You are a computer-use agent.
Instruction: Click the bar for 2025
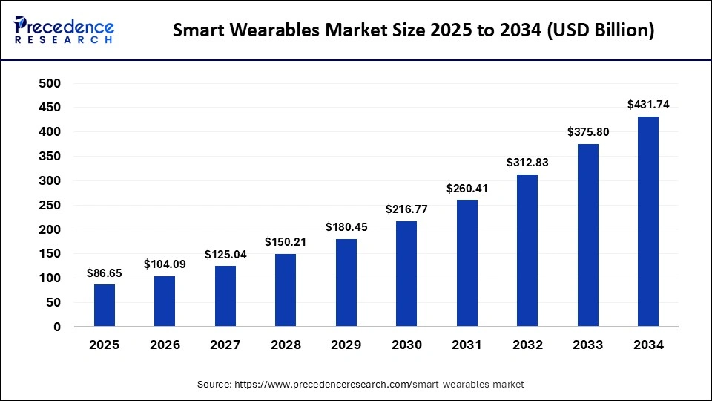coord(105,305)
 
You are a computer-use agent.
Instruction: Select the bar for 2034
coord(648,221)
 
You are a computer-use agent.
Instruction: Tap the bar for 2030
coord(406,273)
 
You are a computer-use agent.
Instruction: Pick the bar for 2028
coord(286,290)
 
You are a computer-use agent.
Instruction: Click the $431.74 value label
coord(648,105)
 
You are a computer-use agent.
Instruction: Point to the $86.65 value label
coord(105,273)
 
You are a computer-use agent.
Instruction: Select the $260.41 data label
coord(467,189)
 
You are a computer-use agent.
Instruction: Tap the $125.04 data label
coord(225,255)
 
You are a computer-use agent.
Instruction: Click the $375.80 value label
coord(588,132)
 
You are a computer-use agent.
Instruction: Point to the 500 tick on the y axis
coord(50,83)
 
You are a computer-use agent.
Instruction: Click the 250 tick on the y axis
coord(50,205)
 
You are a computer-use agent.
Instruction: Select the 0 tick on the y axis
coord(56,327)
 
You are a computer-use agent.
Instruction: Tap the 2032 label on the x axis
coord(527,345)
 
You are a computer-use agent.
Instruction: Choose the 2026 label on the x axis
coord(165,345)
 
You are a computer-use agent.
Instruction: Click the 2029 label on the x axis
coord(346,345)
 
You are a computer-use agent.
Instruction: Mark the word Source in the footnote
coord(214,385)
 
